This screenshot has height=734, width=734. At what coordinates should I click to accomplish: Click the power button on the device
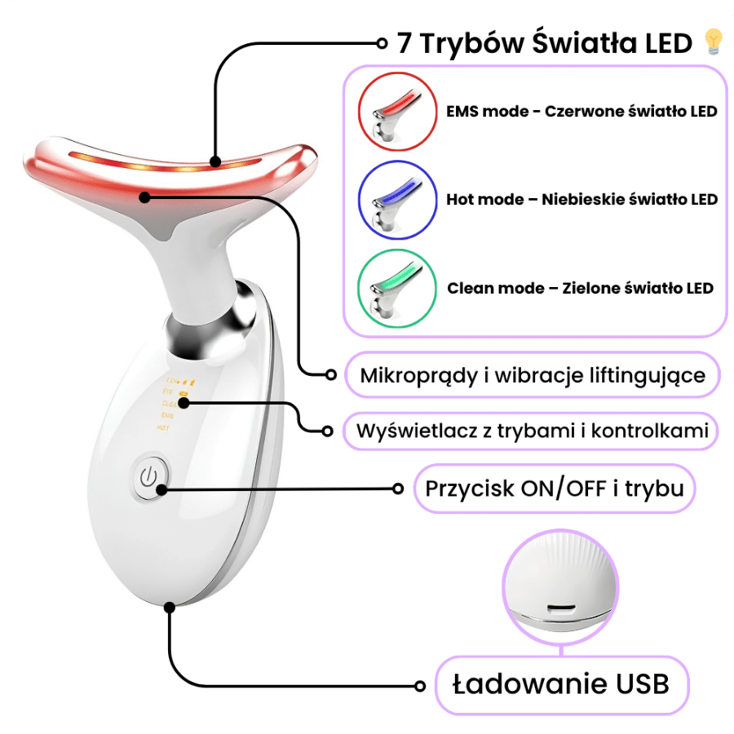tap(148, 477)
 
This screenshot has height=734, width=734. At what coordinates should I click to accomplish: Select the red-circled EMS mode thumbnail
tap(394, 112)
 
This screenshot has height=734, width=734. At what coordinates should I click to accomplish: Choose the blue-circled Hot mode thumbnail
tap(394, 200)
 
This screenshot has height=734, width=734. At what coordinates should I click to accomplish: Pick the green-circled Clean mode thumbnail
tap(394, 288)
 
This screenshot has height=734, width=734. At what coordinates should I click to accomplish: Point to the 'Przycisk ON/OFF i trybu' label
tap(554, 489)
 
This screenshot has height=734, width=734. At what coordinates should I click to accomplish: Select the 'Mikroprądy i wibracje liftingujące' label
tap(533, 375)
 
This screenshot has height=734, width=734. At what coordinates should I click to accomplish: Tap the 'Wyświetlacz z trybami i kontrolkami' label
tap(531, 430)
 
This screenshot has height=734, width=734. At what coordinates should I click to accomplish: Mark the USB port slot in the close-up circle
tap(560, 608)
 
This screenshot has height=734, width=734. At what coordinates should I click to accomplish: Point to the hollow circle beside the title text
tap(382, 42)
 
